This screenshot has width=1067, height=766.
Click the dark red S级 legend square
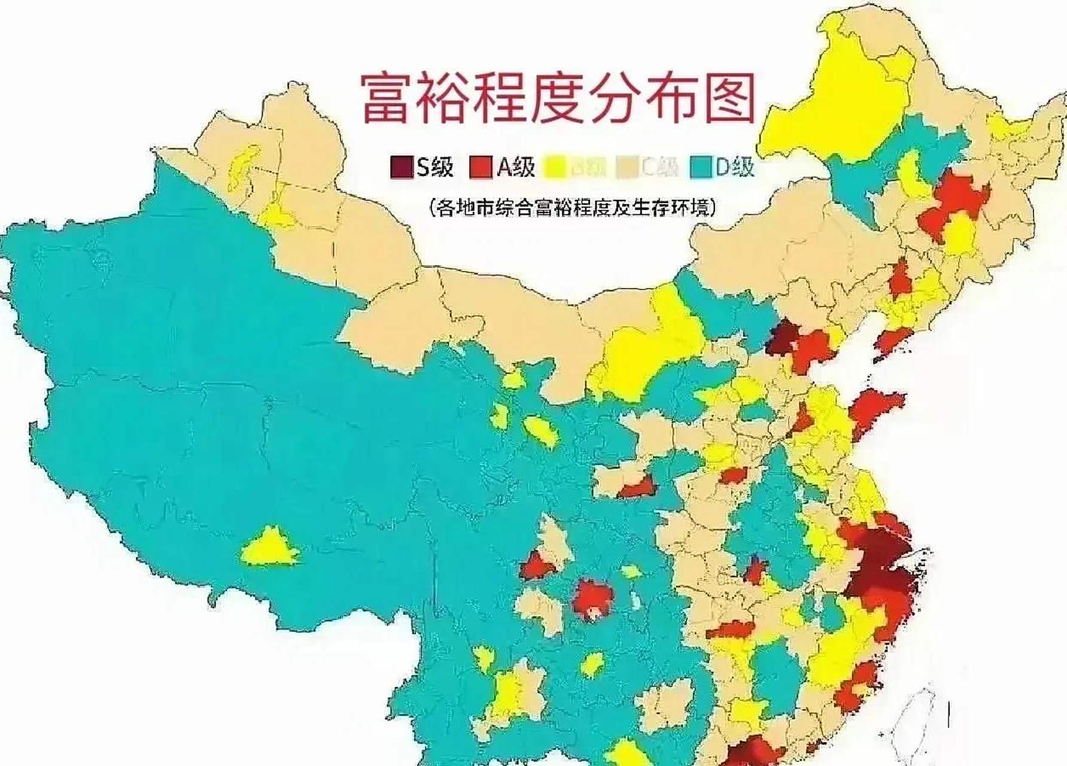(401, 167)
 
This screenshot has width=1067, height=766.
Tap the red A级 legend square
(481, 167)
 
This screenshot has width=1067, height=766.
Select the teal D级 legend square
(701, 167)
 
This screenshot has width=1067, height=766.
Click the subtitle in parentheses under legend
(573, 208)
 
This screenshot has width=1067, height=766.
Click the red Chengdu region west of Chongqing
(537, 564)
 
